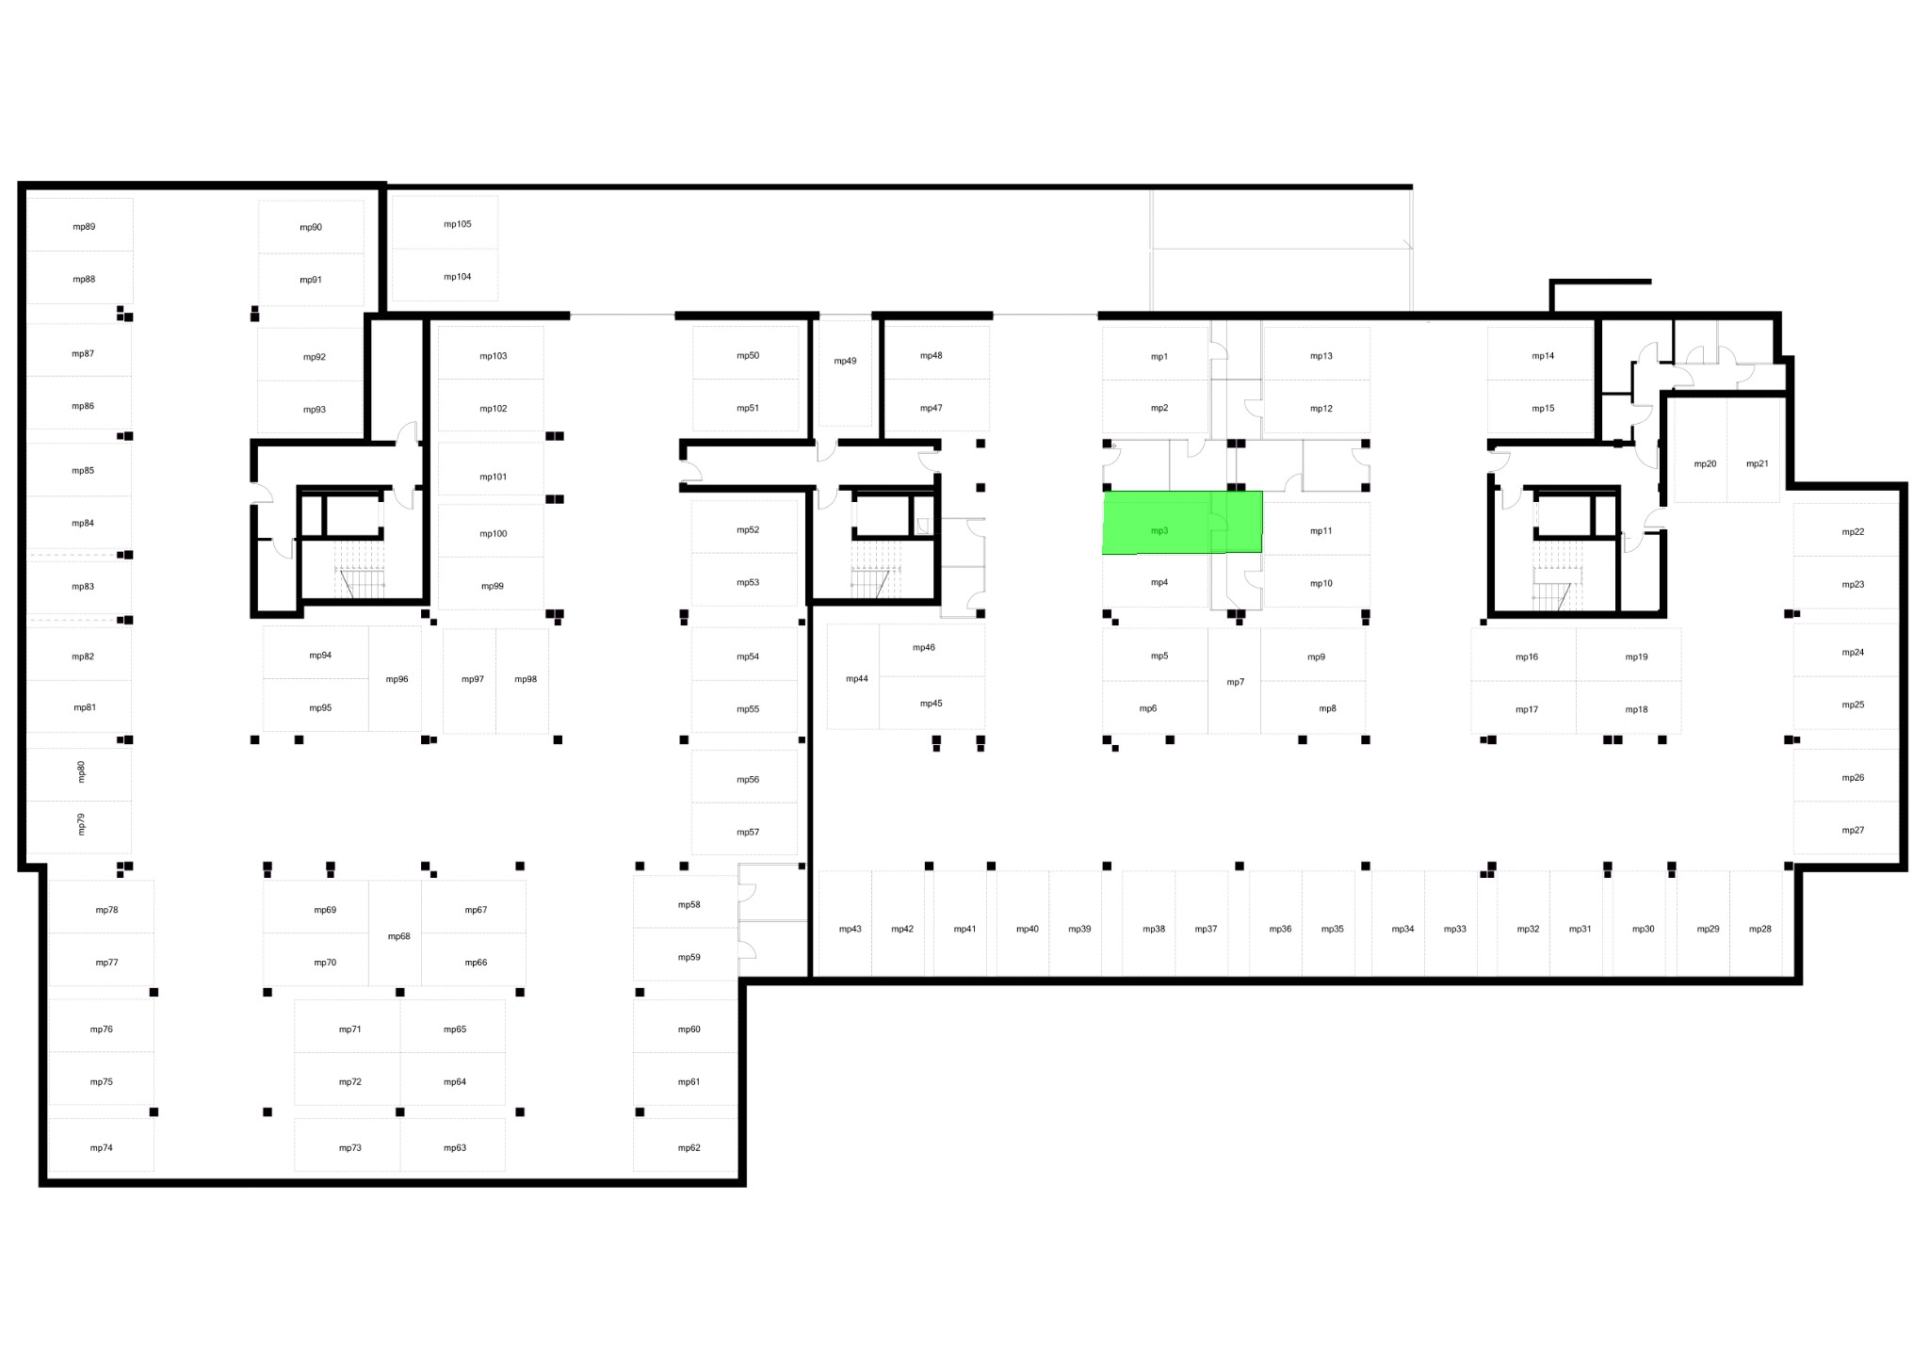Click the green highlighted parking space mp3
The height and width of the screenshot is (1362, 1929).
tap(1182, 522)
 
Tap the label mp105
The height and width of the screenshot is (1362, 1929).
tap(458, 224)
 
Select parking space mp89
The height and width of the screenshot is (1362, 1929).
tap(80, 224)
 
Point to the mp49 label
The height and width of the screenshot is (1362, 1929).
tap(845, 361)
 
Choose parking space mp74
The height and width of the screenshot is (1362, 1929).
tap(101, 1144)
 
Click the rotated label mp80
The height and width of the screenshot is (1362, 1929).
tap(81, 771)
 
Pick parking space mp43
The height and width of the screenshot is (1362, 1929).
tap(845, 923)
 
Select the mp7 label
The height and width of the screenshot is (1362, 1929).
tap(1235, 682)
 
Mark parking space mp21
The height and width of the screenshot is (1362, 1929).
tap(1753, 450)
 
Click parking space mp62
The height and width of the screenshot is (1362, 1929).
tap(685, 1145)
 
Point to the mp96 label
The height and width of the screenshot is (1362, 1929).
tap(397, 679)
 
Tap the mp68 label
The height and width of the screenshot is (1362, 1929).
tap(399, 936)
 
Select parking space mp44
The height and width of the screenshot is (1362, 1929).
tap(853, 676)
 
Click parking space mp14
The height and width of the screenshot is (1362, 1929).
tap(1540, 354)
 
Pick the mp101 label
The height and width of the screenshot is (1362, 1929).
tap(494, 477)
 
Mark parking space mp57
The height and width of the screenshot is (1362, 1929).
tap(744, 829)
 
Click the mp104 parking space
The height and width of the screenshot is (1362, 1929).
tap(445, 275)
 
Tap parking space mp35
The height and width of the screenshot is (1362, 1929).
tap(1329, 923)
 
